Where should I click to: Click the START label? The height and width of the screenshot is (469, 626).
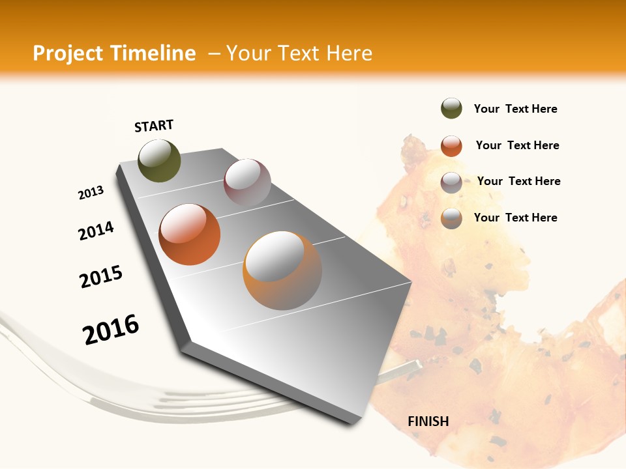pyautogui.click(x=154, y=126)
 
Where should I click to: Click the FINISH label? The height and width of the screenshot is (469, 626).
pyautogui.click(x=428, y=421)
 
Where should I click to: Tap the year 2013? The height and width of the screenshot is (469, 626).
pyautogui.click(x=91, y=193)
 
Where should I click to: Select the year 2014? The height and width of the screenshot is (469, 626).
pyautogui.click(x=97, y=231)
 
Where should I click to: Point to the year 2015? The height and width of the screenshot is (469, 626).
pyautogui.click(x=101, y=277)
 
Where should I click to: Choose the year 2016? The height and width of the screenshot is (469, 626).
pyautogui.click(x=111, y=329)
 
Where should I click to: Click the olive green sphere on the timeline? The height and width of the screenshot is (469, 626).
pyautogui.click(x=159, y=160)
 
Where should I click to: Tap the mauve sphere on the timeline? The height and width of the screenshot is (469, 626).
pyautogui.click(x=247, y=182)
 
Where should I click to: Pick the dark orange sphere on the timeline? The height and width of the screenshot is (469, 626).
pyautogui.click(x=190, y=234)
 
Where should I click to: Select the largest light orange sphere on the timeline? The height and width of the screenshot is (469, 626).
pyautogui.click(x=282, y=270)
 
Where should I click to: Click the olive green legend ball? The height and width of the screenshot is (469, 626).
pyautogui.click(x=451, y=109)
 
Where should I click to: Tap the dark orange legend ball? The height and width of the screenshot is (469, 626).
pyautogui.click(x=451, y=146)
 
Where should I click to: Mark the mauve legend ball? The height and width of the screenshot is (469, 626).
pyautogui.click(x=451, y=182)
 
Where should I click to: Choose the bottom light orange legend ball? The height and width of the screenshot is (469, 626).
pyautogui.click(x=451, y=218)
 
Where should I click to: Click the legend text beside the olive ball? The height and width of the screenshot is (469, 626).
pyautogui.click(x=515, y=109)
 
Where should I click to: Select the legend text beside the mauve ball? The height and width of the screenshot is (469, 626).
pyautogui.click(x=518, y=181)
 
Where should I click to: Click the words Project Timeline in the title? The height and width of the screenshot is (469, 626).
pyautogui.click(x=114, y=53)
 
